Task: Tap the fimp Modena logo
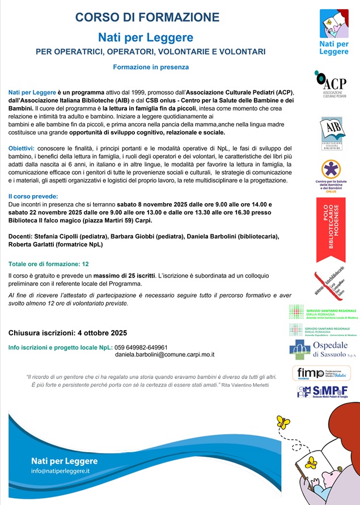click(323, 373)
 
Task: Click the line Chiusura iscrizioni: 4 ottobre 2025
click(68, 333)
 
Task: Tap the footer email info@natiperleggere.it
click(60, 471)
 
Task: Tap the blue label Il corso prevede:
click(33, 196)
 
